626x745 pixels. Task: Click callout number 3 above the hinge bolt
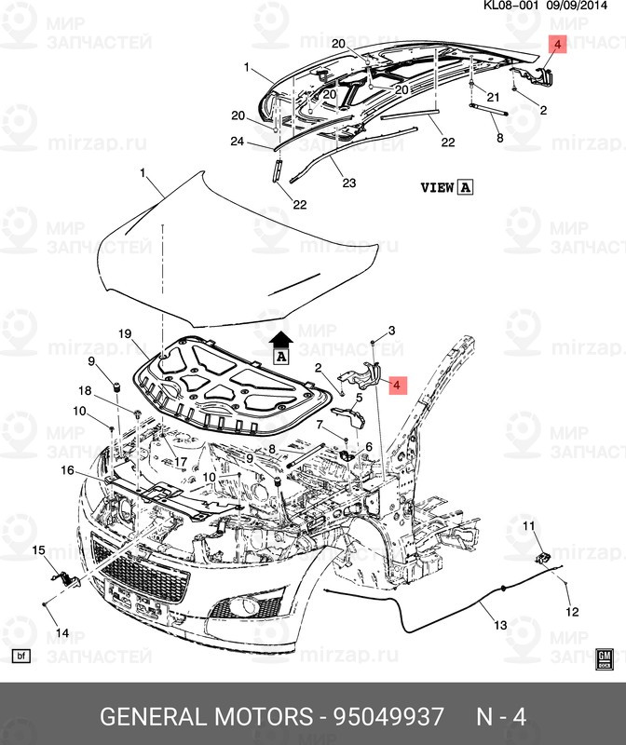click(x=392, y=332)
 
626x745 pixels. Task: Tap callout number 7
click(x=320, y=425)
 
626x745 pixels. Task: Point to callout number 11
click(x=527, y=528)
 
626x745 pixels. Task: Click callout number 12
click(x=572, y=612)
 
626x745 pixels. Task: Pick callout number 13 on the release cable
click(x=500, y=625)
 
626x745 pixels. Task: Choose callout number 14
click(x=61, y=633)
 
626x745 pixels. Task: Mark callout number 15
click(x=39, y=552)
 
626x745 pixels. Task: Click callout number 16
click(x=68, y=471)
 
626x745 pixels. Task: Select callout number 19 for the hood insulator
click(x=125, y=332)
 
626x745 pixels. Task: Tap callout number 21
click(x=494, y=98)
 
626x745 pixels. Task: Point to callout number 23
click(x=349, y=183)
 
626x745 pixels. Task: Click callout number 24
click(x=238, y=142)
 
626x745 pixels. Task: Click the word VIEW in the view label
click(x=437, y=187)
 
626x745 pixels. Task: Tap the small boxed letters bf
click(x=23, y=657)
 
